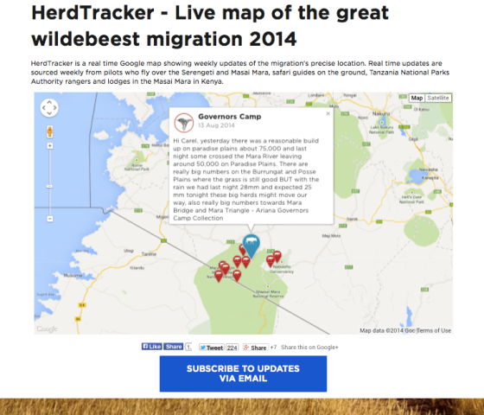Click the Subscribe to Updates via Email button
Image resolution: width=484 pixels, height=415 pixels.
pyautogui.click(x=243, y=373)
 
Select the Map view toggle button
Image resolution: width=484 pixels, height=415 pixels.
pyautogui.click(x=417, y=98)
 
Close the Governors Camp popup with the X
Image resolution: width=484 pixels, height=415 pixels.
pyautogui.click(x=328, y=112)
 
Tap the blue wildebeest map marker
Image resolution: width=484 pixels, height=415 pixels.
pyautogui.click(x=252, y=244)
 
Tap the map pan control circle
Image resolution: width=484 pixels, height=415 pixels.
pyautogui.click(x=49, y=109)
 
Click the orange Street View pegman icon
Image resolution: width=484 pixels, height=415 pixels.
pyautogui.click(x=49, y=131)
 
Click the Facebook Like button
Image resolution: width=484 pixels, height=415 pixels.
pyautogui.click(x=151, y=347)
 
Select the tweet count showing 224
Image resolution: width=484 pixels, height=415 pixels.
pyautogui.click(x=232, y=348)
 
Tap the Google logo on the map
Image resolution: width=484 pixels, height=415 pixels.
pyautogui.click(x=47, y=329)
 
